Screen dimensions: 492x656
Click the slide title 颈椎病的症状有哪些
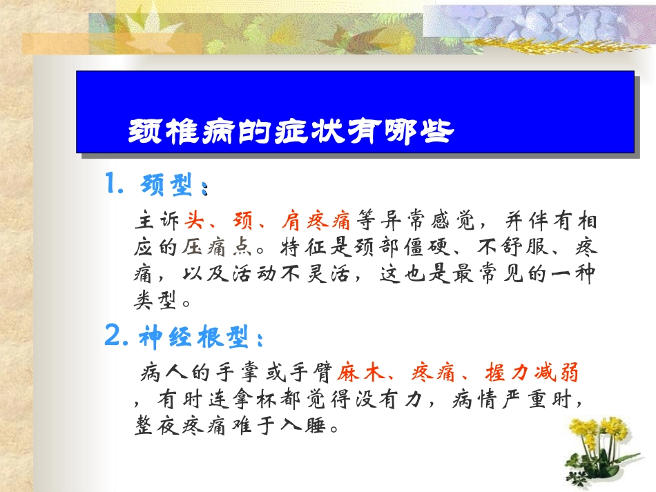[x=291, y=131]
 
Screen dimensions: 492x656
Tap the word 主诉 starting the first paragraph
[x=157, y=222]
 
